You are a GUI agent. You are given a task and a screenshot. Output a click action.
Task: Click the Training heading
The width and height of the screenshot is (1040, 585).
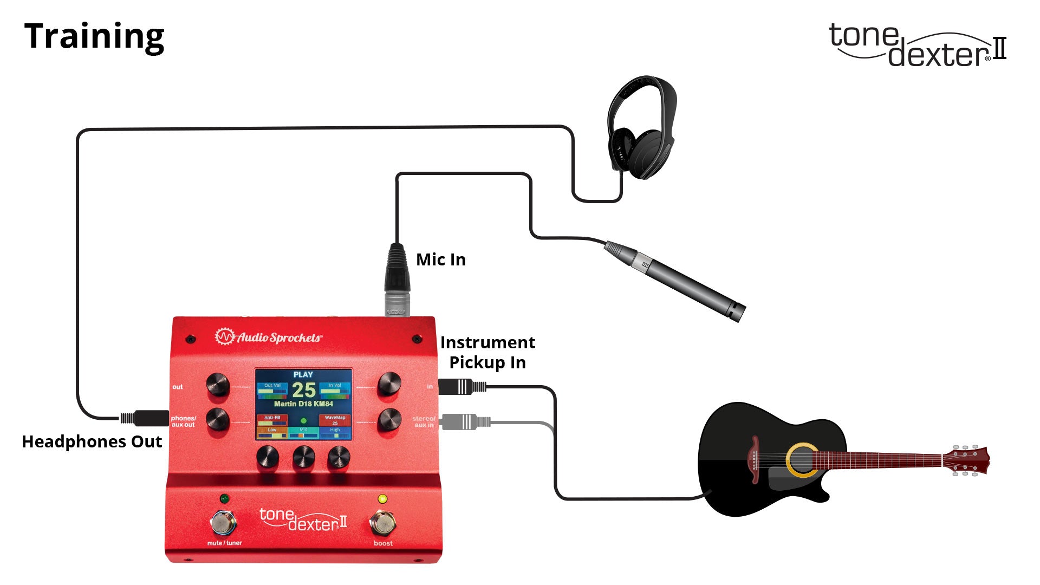coord(94,37)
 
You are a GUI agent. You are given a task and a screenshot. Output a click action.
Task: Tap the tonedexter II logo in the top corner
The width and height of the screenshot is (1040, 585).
coord(918,45)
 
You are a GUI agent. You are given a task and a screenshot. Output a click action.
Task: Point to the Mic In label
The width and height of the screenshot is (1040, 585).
coord(440,260)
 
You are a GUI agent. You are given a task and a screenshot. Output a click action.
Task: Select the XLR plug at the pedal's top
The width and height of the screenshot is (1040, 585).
coord(397,279)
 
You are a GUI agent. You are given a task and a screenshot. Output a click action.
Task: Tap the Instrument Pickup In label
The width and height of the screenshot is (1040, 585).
coord(487,353)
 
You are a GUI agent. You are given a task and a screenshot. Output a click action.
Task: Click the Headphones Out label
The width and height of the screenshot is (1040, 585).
coord(92,442)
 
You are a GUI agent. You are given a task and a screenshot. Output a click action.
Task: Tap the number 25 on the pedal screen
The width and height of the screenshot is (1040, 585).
coord(303,390)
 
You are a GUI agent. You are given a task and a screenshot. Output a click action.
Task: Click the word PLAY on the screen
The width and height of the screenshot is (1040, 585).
coord(303,374)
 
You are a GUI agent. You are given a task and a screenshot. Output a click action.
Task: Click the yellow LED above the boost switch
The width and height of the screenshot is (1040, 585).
coord(382,499)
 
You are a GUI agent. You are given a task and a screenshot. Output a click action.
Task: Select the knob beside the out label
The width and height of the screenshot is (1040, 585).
coord(218,385)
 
